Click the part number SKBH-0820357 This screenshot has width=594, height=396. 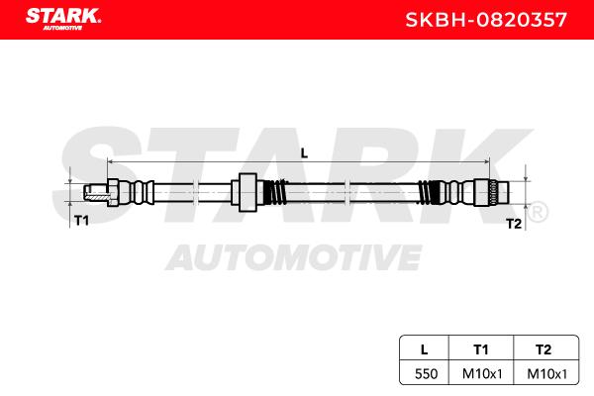coord(486,20)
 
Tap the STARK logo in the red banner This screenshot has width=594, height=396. coord(63,19)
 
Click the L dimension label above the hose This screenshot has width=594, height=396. coord(304,153)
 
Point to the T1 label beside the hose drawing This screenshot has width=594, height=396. coord(81,220)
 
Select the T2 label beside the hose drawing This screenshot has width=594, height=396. coord(514,224)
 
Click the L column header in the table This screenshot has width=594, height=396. coord(425,349)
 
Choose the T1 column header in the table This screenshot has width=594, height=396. coord(481,349)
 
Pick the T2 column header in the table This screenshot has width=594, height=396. coord(544,349)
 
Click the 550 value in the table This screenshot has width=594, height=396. coord(426,374)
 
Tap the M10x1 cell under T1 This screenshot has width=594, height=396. coord(482,374)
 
